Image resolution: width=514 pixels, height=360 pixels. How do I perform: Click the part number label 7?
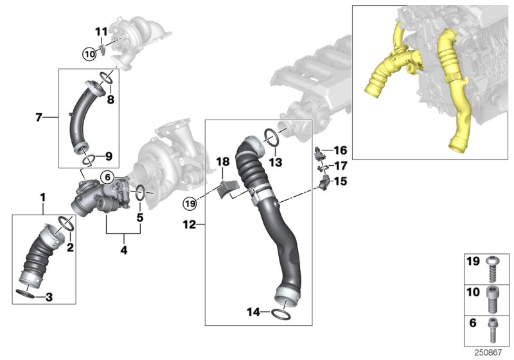[x=39, y=117]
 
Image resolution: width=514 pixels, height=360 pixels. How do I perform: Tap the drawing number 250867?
[x=490, y=352]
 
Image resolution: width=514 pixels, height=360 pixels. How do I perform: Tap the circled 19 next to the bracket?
[x=189, y=204]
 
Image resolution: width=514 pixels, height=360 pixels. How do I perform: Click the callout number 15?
[x=340, y=182]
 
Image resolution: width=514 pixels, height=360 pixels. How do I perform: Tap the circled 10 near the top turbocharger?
[x=89, y=54]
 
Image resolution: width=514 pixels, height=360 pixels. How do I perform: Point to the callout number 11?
[x=102, y=32]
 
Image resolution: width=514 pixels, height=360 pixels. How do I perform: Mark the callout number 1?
[x=43, y=195]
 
